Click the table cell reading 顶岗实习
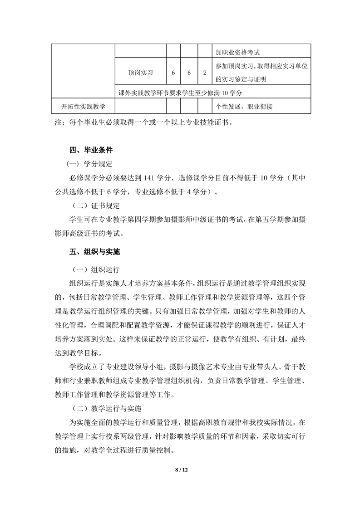[x=140, y=72]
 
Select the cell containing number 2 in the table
[x=205, y=72]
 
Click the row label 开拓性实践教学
[x=83, y=107]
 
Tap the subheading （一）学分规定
[x=89, y=164]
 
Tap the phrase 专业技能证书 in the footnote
[x=202, y=122]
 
